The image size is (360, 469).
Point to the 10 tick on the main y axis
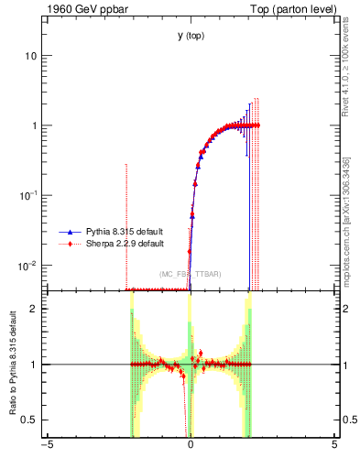pyautogui.click(x=32, y=56)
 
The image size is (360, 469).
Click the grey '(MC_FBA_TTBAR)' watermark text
pyautogui.click(x=190, y=275)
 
